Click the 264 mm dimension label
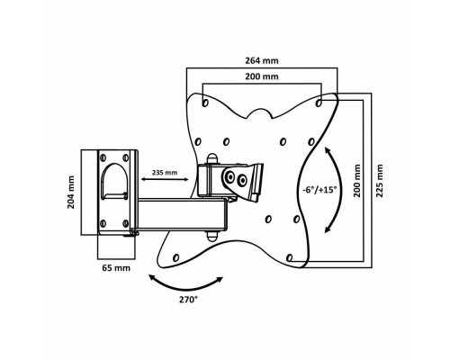point(262,61)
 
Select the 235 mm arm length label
point(165,173)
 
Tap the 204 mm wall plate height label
point(71,193)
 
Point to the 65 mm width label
point(116,267)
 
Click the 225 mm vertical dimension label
point(380,181)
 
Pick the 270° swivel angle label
point(189,300)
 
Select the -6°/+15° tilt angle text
point(319,190)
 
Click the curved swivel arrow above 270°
point(186,287)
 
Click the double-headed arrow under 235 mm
point(165,179)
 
